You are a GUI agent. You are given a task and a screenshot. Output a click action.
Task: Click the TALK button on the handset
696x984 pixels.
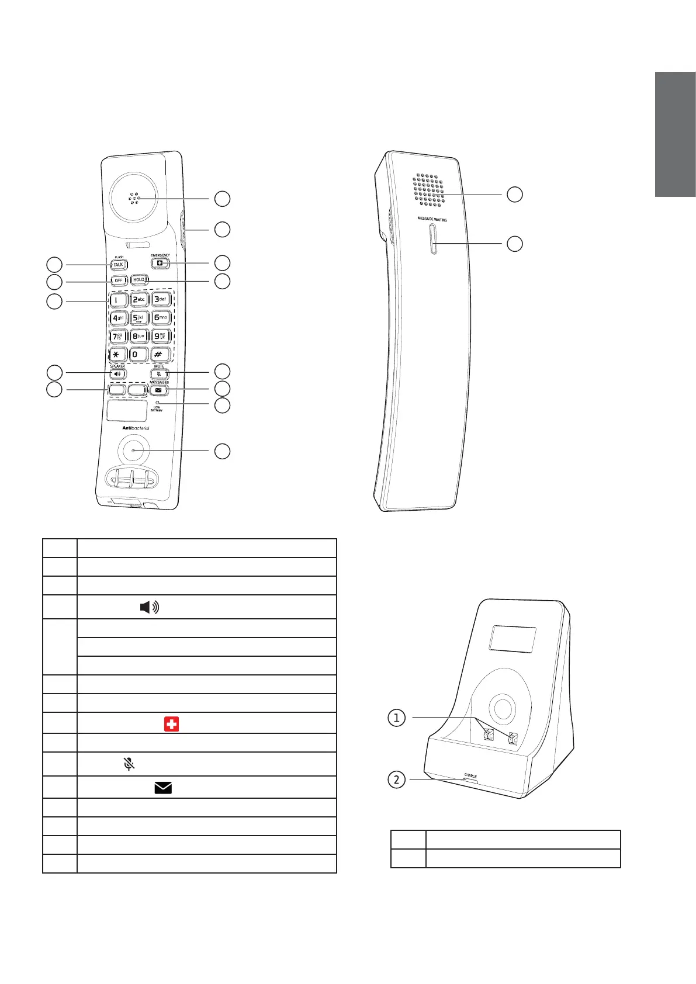click(119, 265)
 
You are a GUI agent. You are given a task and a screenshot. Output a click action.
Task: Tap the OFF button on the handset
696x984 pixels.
click(119, 280)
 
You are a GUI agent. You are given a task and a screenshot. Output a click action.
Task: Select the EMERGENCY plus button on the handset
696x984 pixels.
click(160, 264)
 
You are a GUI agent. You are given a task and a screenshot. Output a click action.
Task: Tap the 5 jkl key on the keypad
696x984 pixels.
click(138, 318)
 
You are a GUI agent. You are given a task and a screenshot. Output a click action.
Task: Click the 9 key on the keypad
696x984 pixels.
click(161, 336)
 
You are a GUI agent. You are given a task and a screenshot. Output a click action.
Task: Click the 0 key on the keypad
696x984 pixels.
click(138, 355)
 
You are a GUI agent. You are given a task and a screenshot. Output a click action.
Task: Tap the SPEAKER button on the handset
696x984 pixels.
click(117, 373)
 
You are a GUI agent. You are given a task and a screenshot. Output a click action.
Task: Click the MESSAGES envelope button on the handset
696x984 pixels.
click(158, 390)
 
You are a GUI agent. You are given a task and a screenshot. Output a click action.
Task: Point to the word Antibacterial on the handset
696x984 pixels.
click(136, 428)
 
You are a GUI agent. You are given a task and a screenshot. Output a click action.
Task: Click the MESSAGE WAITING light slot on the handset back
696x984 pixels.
click(432, 240)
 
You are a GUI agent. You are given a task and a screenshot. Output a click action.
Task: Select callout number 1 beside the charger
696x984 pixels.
click(397, 717)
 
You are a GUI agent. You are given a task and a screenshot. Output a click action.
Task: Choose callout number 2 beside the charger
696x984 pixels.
click(397, 779)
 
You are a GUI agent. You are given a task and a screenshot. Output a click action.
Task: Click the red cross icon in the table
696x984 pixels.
click(171, 725)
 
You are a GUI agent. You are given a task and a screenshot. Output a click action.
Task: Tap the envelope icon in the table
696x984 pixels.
click(163, 788)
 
